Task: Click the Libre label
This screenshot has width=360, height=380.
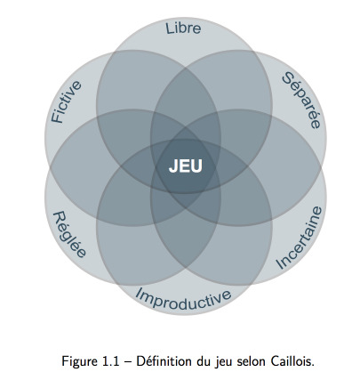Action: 183,28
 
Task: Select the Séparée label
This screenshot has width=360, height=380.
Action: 301,101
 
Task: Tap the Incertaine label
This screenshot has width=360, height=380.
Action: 299,238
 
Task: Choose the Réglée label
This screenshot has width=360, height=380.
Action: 69,234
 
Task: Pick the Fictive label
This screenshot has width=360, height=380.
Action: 66,101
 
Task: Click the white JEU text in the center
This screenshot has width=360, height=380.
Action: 186,166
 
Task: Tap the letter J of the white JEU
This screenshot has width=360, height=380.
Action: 173,166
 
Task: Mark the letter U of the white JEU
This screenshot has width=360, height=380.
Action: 196,166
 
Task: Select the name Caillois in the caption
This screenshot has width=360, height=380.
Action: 292,361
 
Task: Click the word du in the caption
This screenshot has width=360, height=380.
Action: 203,361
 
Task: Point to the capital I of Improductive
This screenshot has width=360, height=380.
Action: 138,293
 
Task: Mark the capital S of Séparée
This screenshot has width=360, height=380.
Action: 287,78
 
